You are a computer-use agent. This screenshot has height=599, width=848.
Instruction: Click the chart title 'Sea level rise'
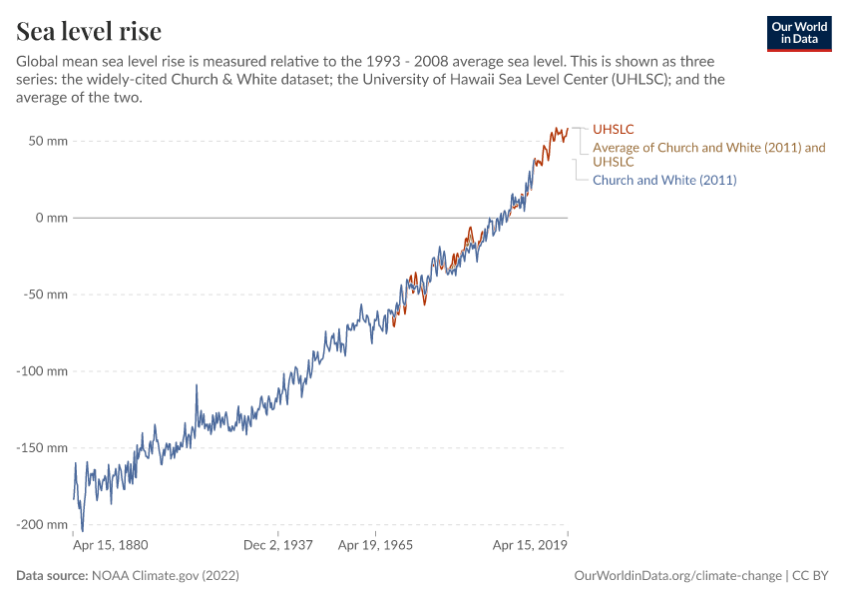point(89,32)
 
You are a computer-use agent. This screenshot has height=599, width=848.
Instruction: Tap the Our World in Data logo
point(798,33)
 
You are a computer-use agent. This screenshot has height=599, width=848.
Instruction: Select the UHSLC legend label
point(614,129)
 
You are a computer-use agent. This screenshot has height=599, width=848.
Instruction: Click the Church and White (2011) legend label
point(664,180)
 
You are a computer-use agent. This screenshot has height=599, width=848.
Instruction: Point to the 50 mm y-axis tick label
point(48,141)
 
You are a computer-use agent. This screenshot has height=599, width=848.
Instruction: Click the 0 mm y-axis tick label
point(51,218)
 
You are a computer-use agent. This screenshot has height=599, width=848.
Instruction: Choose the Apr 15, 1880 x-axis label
point(112,546)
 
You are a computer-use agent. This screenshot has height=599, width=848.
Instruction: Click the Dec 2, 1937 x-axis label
point(279,546)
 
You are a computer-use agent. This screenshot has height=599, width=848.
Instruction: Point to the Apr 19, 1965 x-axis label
point(375,546)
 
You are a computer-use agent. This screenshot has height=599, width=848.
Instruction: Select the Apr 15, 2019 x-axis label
point(531,546)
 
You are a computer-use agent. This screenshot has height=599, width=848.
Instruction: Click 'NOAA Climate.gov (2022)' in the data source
point(165,576)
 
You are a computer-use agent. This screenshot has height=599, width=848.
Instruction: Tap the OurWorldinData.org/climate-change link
point(677,576)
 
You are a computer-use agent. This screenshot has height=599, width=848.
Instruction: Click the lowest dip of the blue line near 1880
point(82,530)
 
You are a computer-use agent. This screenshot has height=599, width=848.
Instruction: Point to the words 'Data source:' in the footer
point(52,576)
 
